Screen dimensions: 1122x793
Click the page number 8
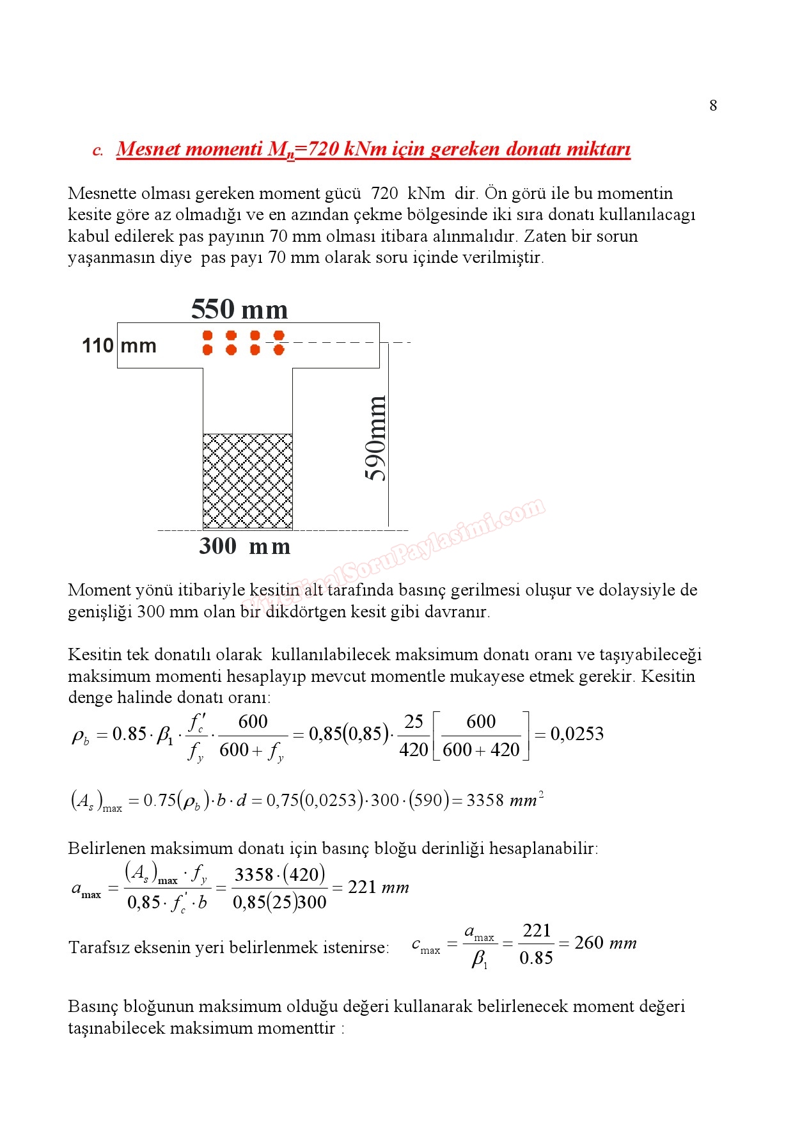click(713, 106)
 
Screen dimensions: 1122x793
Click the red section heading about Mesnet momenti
click(373, 149)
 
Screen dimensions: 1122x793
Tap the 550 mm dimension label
click(239, 310)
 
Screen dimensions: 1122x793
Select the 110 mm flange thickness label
click(119, 346)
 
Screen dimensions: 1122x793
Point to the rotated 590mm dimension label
click(376, 438)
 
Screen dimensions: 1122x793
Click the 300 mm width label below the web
click(244, 546)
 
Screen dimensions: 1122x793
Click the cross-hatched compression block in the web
click(247, 481)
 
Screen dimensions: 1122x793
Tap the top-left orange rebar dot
click(207, 335)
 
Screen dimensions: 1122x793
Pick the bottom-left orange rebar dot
click(207, 350)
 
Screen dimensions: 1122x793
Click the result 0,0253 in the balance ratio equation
click(577, 734)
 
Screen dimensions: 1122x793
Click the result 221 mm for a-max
click(378, 887)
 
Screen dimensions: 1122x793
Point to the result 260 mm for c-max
click(605, 943)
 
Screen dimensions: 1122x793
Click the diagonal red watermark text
click(396, 557)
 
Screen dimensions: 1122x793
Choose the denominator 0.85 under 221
click(536, 958)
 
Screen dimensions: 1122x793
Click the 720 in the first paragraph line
click(384, 193)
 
